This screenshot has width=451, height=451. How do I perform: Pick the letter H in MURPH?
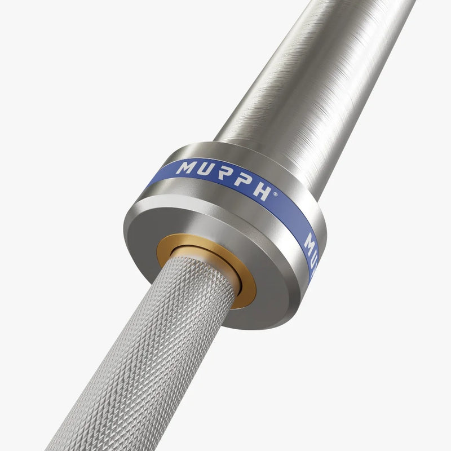click(x=262, y=192)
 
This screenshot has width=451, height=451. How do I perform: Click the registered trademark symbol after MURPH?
click(x=275, y=193)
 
